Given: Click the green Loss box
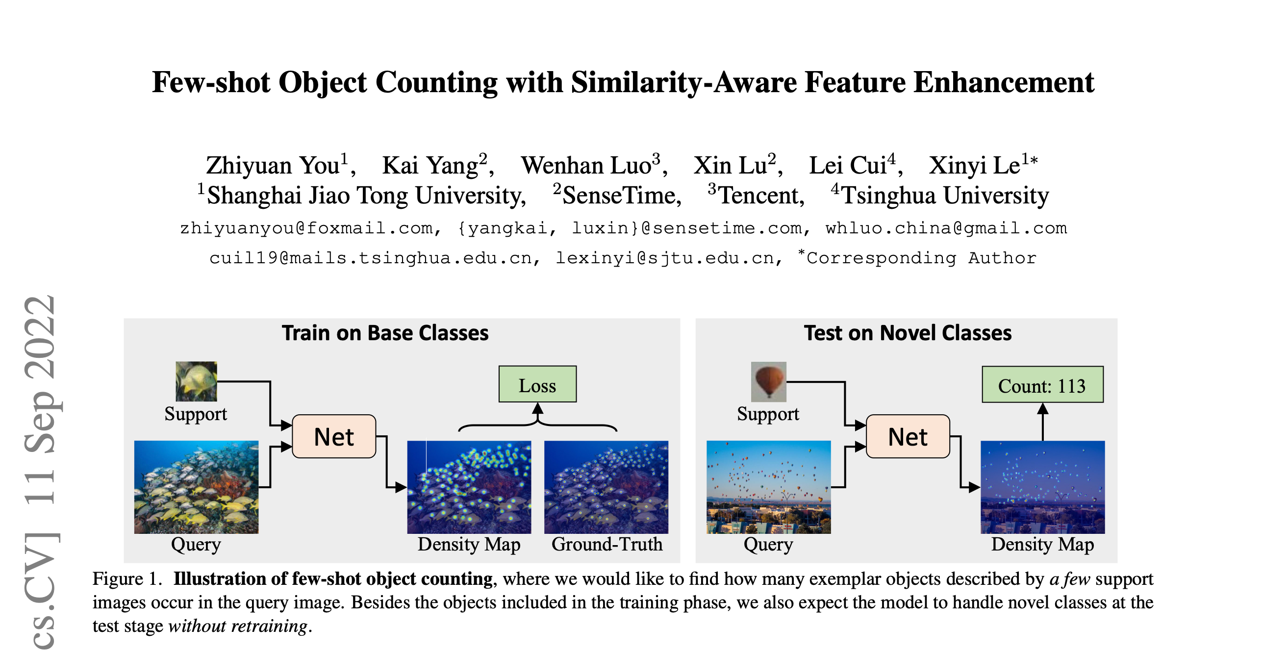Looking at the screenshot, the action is click(537, 384).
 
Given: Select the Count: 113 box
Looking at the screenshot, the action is click(1042, 384).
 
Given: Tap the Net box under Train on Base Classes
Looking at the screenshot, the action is click(334, 436).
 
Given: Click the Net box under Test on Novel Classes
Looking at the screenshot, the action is click(908, 436).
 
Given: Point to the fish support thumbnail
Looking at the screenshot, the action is click(196, 381).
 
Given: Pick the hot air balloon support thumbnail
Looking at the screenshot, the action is click(768, 382).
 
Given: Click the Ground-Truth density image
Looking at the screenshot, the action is click(606, 487).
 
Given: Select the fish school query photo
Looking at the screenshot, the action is click(196, 487).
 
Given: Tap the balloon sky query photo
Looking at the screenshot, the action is click(768, 487).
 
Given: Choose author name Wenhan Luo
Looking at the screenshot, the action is click(586, 165).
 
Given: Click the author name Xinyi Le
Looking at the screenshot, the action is click(974, 165).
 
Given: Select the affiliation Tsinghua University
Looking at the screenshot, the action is click(945, 195).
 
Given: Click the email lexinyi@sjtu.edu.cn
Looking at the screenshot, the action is click(665, 258).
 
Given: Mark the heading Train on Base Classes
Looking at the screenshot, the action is click(385, 333).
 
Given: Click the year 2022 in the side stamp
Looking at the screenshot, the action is click(40, 337).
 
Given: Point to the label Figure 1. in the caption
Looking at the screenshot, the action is click(127, 579).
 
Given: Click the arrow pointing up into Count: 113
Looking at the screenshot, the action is click(1043, 422).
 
